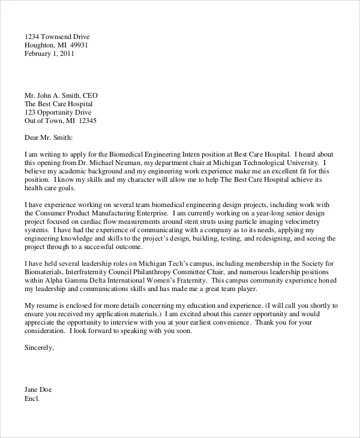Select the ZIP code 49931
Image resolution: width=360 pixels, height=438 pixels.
[79, 44]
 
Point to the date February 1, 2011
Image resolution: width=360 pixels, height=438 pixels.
[50, 53]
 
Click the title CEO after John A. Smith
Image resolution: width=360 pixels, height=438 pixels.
[89, 95]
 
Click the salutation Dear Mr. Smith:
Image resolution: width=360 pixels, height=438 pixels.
[49, 137]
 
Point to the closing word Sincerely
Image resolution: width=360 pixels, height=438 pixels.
[38, 347]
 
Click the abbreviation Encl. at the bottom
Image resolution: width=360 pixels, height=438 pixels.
[32, 398]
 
